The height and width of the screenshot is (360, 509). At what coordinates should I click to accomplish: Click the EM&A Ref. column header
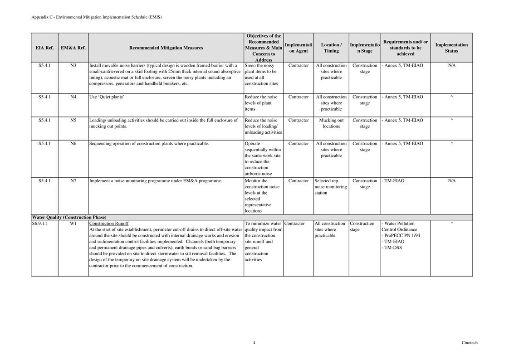click(x=73, y=48)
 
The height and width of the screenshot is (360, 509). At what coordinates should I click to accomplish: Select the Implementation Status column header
click(x=451, y=48)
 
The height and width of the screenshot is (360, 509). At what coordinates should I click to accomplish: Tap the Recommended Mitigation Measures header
click(x=166, y=48)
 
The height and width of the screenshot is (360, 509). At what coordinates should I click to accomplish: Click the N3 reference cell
click(x=73, y=65)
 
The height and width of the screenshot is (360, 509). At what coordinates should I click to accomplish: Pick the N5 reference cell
click(x=73, y=120)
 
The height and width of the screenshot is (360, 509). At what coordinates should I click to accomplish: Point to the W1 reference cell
click(x=73, y=224)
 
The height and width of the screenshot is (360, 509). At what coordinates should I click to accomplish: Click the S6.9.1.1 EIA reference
click(x=40, y=224)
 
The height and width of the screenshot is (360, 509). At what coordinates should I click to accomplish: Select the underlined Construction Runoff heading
click(x=109, y=224)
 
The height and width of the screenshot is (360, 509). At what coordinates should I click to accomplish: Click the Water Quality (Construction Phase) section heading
click(x=69, y=217)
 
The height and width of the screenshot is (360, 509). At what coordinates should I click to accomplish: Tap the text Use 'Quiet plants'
click(x=107, y=97)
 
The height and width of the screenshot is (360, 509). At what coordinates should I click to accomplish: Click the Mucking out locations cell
click(x=331, y=123)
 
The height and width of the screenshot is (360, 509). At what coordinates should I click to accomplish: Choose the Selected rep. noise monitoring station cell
click(x=331, y=187)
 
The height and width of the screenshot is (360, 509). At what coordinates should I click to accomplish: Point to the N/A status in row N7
click(x=451, y=180)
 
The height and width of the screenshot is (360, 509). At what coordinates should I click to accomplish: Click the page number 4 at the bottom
click(x=254, y=343)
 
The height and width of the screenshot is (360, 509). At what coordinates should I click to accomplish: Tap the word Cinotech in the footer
click(x=470, y=343)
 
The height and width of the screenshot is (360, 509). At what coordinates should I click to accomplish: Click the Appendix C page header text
click(x=96, y=17)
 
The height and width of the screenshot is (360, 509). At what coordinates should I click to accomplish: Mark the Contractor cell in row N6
click(x=299, y=144)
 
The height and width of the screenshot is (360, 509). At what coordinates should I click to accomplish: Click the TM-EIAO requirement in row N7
click(x=394, y=180)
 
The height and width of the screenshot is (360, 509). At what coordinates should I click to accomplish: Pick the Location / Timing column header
click(x=331, y=48)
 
